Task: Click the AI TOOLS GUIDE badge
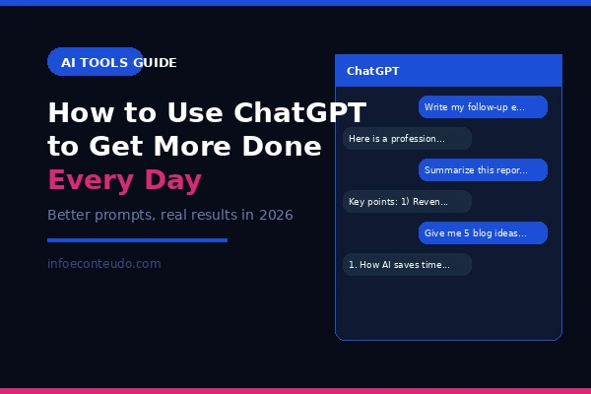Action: (96, 62)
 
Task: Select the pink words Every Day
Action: (124, 181)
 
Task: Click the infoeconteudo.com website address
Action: (103, 264)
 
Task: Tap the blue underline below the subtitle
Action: (137, 239)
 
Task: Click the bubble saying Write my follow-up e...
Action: (483, 106)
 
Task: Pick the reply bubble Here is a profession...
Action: (407, 139)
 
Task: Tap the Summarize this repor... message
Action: (483, 170)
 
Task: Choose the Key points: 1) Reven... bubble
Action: (407, 202)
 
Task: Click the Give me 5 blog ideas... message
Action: (483, 233)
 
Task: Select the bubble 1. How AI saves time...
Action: (407, 265)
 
